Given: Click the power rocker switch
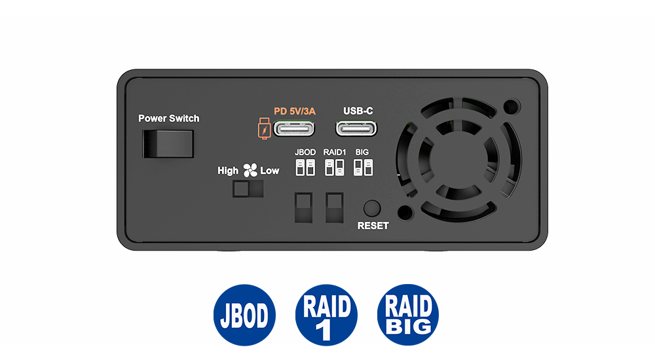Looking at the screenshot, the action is (x=168, y=143).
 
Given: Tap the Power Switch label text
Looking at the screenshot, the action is (x=169, y=118).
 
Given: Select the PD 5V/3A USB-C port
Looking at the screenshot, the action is (x=293, y=129).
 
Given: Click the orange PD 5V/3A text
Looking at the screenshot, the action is (x=295, y=111).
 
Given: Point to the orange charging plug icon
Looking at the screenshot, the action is (x=264, y=128).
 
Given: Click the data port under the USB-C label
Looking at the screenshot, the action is (x=356, y=129).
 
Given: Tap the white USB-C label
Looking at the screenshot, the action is (x=358, y=111).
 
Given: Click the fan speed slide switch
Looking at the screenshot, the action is (x=248, y=189).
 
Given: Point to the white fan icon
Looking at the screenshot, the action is (x=250, y=170).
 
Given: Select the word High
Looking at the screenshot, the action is (x=228, y=171).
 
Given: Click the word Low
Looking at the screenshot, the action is (x=269, y=171).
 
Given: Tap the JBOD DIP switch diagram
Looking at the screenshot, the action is (x=305, y=167).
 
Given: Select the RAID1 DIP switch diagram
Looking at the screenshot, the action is (x=334, y=167).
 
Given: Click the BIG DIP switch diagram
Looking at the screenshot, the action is (x=363, y=167).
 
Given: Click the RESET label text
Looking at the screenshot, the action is (x=373, y=226).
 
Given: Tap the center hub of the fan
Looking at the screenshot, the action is (x=458, y=158).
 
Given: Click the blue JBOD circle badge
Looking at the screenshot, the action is (x=244, y=315).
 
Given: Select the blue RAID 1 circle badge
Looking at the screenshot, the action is (x=326, y=315).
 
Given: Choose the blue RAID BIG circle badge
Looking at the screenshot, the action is (x=407, y=315).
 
